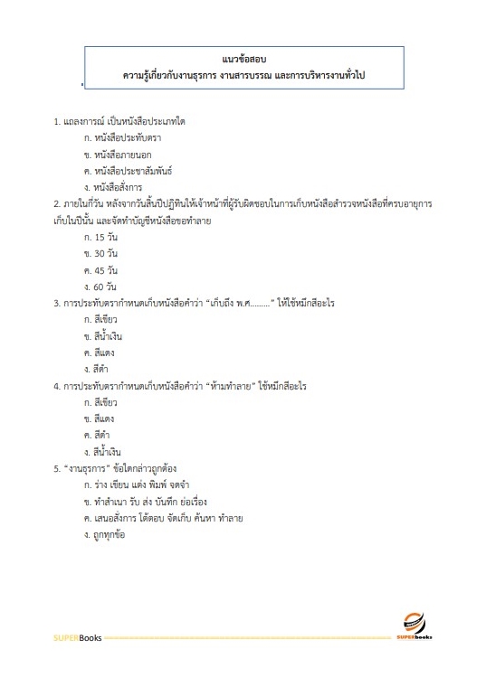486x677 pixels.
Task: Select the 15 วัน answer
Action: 100,237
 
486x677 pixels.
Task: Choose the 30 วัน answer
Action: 100,253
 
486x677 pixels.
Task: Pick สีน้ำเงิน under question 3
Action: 101,335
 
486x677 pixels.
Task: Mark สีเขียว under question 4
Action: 99,401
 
